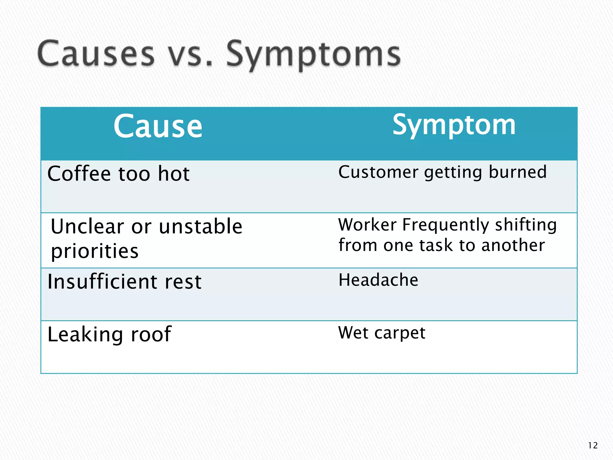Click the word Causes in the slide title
pyautogui.click(x=96, y=54)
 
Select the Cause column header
pyautogui.click(x=158, y=126)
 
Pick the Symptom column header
pyautogui.click(x=454, y=125)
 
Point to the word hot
pyautogui.click(x=174, y=173)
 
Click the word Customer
pyautogui.click(x=378, y=172)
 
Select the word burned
pyautogui.click(x=518, y=172)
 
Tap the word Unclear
pyautogui.click(x=87, y=226)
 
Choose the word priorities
pyautogui.click(x=95, y=251)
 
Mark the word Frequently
pyautogui.click(x=445, y=225)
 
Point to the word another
pyautogui.click(x=513, y=245)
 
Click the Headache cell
pyautogui.click(x=378, y=280)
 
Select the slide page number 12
pyautogui.click(x=593, y=446)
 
